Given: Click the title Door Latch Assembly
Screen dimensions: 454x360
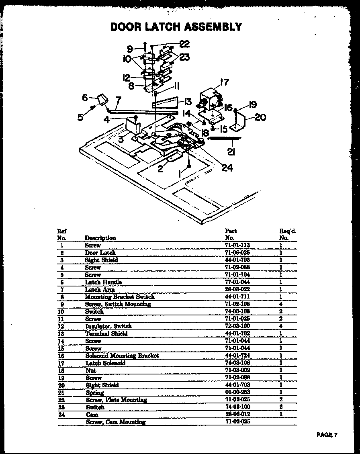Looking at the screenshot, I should click(176, 27).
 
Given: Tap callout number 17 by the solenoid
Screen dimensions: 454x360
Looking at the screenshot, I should click(224, 82).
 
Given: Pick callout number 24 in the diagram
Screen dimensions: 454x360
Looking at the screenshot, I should click(227, 168).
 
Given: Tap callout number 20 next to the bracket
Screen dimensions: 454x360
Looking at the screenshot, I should click(260, 117).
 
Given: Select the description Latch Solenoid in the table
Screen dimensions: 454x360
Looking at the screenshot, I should click(105, 363).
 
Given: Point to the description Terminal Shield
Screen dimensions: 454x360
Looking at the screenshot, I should click(106, 333).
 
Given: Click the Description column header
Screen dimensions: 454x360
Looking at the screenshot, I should click(100, 238).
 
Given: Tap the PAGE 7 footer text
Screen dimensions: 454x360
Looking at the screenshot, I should click(326, 435).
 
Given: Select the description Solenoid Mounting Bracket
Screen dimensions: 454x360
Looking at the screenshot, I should click(122, 356).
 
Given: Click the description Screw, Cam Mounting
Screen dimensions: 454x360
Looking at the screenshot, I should click(116, 422).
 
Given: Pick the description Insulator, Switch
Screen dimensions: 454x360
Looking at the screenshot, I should click(108, 326).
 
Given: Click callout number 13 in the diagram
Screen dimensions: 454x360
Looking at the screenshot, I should click(188, 101).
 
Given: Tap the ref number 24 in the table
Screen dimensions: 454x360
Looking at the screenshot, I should click(61, 414).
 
